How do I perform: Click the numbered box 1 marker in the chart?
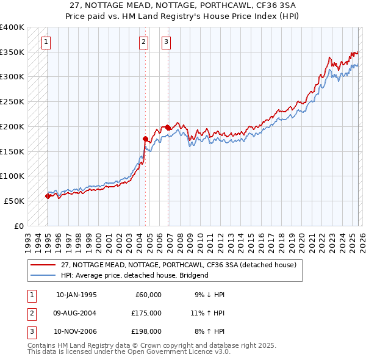[x=47, y=42]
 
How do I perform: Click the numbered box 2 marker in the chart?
[x=143, y=42]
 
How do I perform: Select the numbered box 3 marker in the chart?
[x=166, y=42]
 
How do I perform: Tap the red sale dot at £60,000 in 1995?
[x=48, y=196]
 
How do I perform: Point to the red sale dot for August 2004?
[x=145, y=139]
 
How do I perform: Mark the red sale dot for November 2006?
[x=168, y=128]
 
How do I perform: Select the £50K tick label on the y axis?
[x=15, y=201]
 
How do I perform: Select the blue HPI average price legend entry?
[x=134, y=275]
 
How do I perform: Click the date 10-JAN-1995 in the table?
[x=76, y=295]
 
